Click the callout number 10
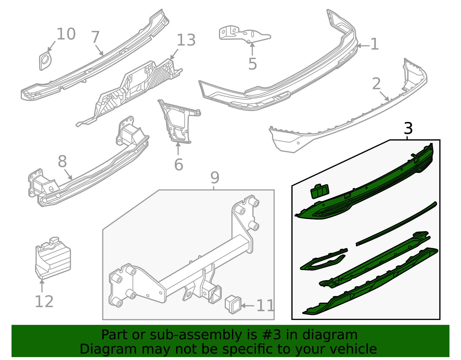(x=66, y=34)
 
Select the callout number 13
(x=186, y=40)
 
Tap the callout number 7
(x=95, y=37)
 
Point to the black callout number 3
(x=408, y=129)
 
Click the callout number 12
(x=44, y=302)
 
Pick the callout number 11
(x=265, y=306)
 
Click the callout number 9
(x=215, y=178)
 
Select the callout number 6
(x=179, y=165)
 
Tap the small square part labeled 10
(x=45, y=61)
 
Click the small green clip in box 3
(x=320, y=191)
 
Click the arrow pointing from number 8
(x=68, y=176)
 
